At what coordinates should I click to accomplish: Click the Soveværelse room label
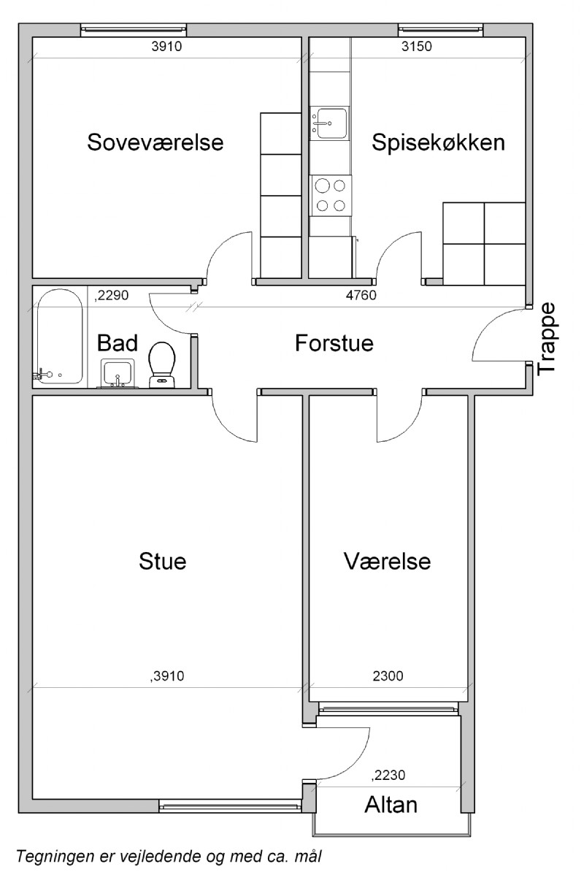(155, 142)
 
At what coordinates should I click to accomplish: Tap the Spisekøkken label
(438, 142)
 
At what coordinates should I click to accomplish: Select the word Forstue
(334, 343)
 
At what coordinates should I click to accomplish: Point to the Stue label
(162, 561)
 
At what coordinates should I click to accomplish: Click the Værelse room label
(387, 561)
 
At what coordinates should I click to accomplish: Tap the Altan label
(391, 805)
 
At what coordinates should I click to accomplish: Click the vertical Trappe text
(547, 339)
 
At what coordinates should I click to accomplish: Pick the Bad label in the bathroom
(117, 343)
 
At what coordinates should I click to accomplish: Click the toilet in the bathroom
(162, 364)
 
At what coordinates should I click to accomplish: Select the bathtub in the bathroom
(60, 336)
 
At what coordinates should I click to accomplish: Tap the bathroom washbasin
(118, 373)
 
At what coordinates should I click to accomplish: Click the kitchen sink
(329, 123)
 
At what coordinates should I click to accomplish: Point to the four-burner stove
(331, 195)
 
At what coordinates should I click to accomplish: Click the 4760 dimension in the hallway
(361, 295)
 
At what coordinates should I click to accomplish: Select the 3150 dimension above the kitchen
(416, 47)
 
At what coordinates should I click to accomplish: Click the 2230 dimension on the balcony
(388, 775)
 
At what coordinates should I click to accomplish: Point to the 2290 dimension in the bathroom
(112, 295)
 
